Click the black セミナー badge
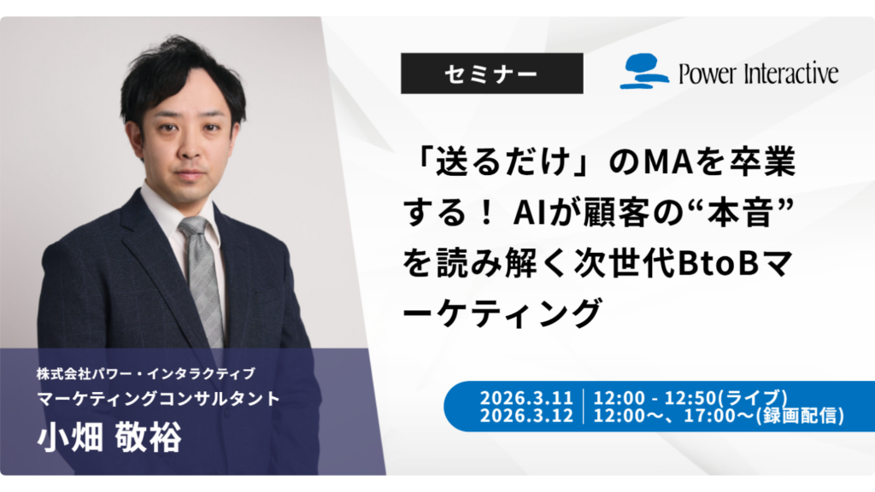point(491,73)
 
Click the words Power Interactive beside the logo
point(758,73)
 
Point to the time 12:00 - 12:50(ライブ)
point(690,398)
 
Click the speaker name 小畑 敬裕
point(109,439)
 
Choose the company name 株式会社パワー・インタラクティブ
point(145,374)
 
